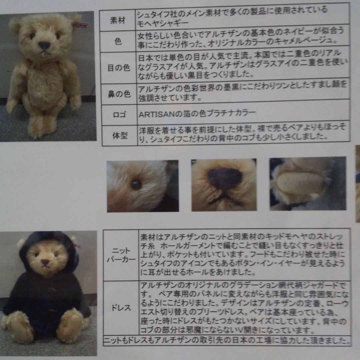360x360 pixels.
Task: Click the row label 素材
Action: tap(117, 20)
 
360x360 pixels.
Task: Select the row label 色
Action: tap(118, 41)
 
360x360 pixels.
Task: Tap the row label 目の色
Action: tap(118, 68)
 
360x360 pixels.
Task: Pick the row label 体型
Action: tap(120, 136)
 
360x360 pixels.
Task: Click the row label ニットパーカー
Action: tap(121, 255)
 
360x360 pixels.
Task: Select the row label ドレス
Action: tap(121, 308)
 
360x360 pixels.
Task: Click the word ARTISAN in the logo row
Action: tap(154, 113)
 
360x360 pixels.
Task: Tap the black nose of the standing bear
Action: tap(44, 45)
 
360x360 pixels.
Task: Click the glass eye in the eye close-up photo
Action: tap(136, 185)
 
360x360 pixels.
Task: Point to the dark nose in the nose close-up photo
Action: tap(225, 178)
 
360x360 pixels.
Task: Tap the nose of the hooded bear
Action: tap(45, 262)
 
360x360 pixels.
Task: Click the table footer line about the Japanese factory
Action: tap(227, 341)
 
